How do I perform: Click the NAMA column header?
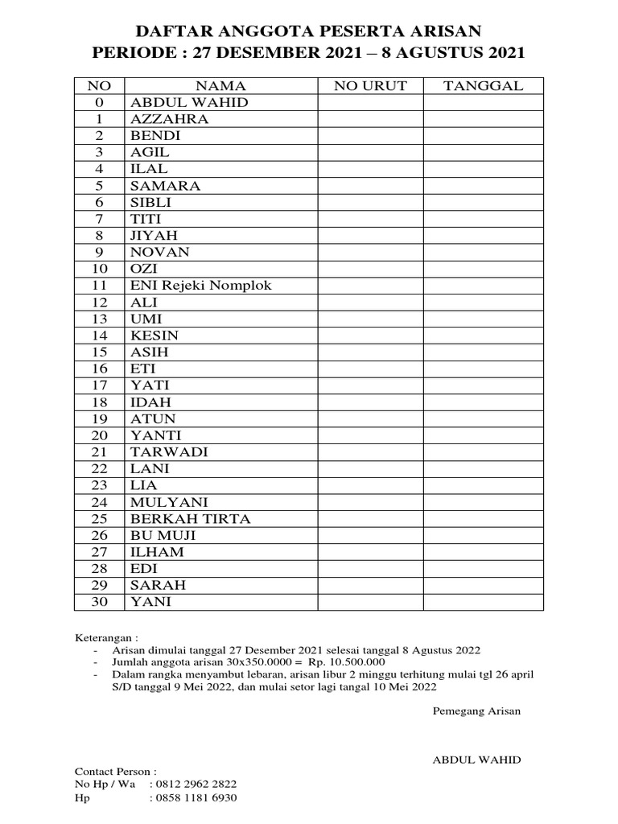[x=220, y=86]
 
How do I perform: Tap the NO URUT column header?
[x=371, y=86]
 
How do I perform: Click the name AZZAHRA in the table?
[x=170, y=119]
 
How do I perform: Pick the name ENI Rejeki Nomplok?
[x=201, y=286]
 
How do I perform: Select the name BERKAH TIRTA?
[x=191, y=519]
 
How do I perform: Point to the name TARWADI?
[x=170, y=452]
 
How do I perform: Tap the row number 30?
[x=99, y=602]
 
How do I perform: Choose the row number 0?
[x=99, y=103]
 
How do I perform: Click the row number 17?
[x=99, y=385]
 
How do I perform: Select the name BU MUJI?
[x=163, y=535]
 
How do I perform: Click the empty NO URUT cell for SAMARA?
[x=371, y=186]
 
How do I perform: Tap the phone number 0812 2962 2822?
[x=196, y=784]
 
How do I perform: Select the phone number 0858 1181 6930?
[x=196, y=797]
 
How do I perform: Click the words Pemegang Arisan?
[x=476, y=711]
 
